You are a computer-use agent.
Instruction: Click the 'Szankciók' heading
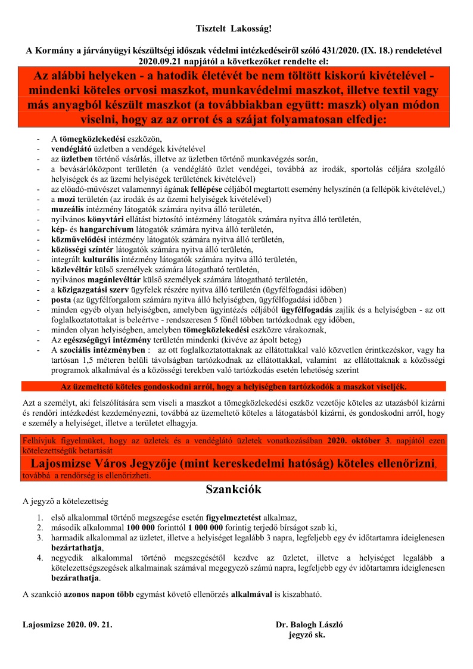[234, 490]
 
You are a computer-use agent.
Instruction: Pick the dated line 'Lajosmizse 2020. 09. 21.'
[67, 626]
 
